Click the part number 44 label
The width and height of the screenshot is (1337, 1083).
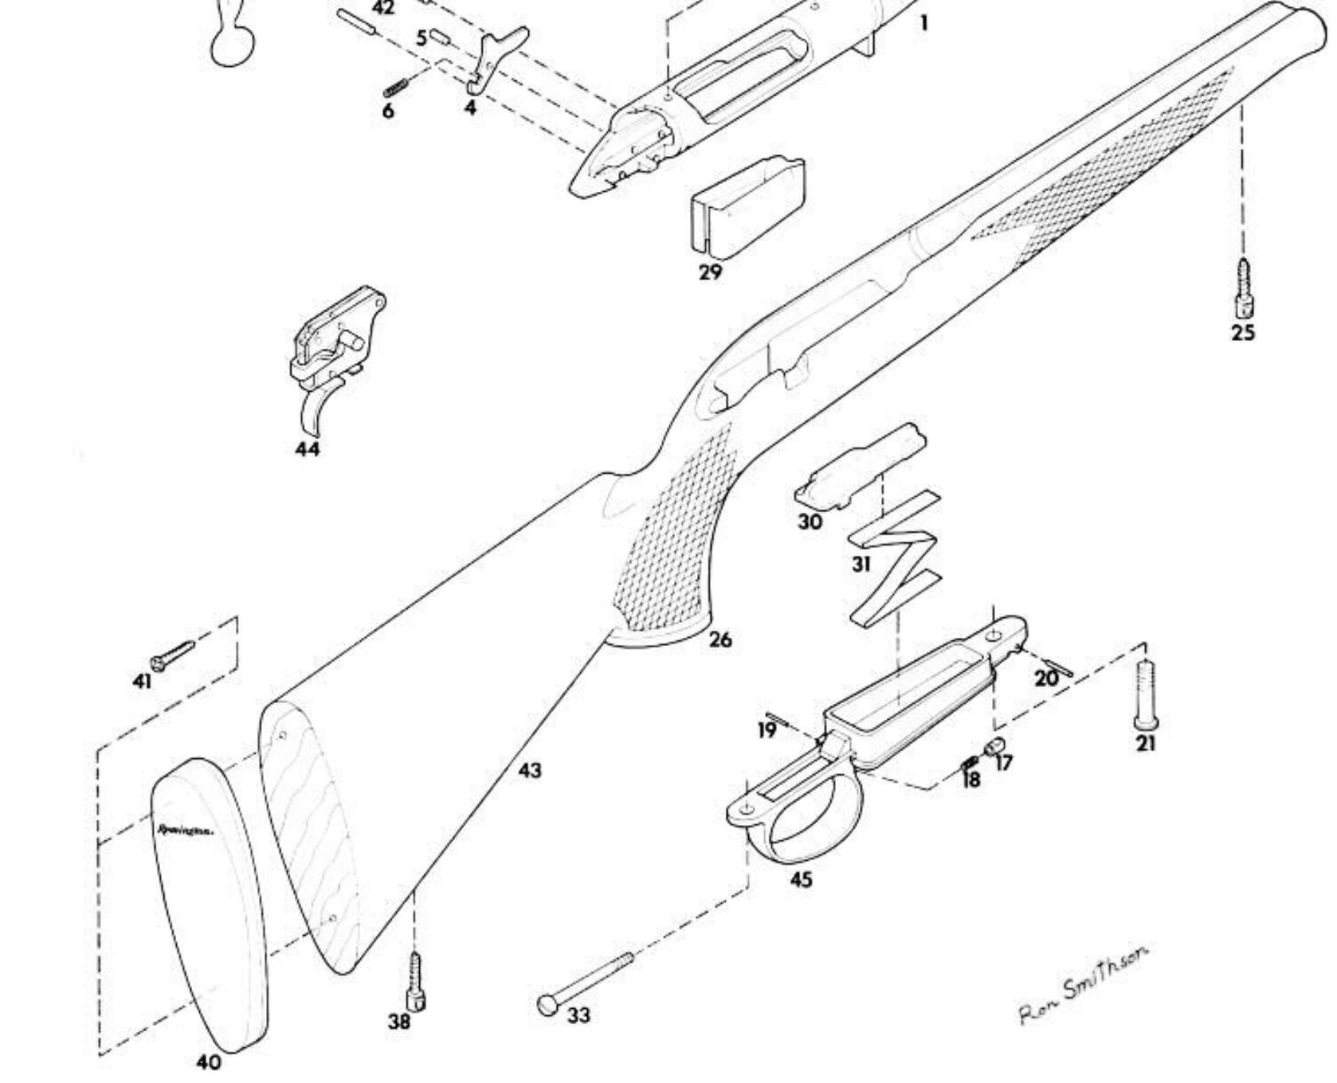[x=308, y=450]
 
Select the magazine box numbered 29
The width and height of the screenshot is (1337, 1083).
[x=747, y=205]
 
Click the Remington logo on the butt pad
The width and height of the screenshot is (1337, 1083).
[x=185, y=830]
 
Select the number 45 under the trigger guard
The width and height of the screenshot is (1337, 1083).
[x=802, y=880]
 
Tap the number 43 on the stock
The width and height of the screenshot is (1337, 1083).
[x=530, y=770]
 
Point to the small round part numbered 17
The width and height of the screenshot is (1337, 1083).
[x=994, y=746]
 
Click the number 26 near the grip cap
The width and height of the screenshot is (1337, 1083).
[x=719, y=639]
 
